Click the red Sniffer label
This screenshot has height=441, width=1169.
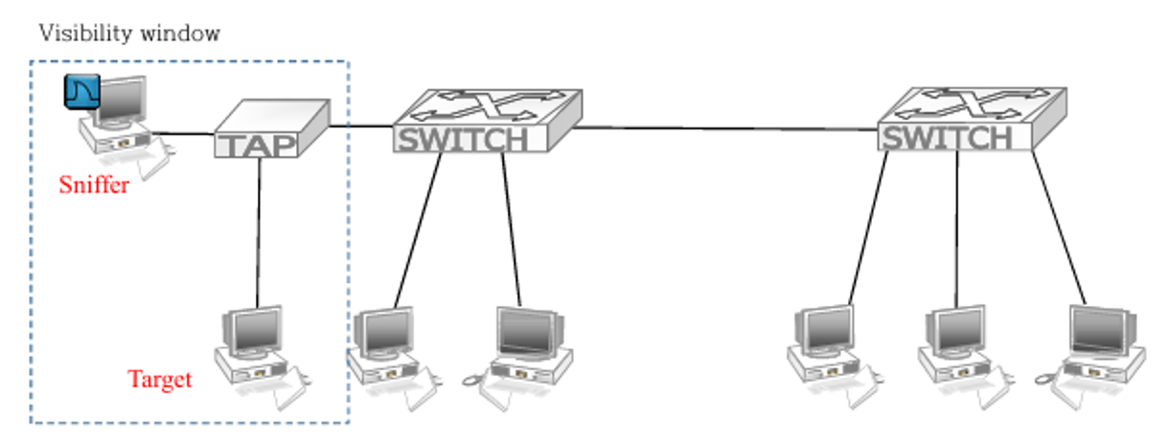pos(94,185)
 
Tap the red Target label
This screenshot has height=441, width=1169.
pos(160,380)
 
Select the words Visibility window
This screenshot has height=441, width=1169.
pos(129,34)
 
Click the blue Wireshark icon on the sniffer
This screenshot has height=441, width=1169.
pos(82,92)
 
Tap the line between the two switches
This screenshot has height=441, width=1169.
pos(728,128)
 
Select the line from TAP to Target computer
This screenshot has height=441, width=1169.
pos(260,230)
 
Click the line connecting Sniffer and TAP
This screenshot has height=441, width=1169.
pos(182,133)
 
